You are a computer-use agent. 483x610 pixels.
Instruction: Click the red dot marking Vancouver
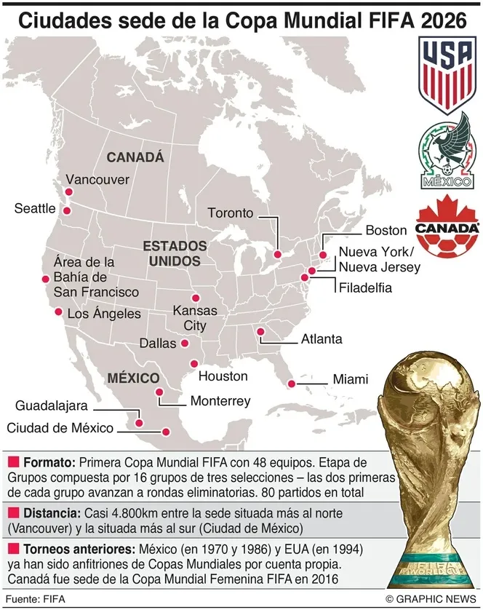[x=67, y=193]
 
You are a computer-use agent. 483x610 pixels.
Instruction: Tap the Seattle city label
[x=35, y=209]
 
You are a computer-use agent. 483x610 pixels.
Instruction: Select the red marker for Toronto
[x=276, y=254]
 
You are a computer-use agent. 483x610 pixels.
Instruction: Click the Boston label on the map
[x=386, y=230]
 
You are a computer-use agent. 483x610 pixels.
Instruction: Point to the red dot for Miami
[x=292, y=384]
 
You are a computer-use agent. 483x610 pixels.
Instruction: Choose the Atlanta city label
[x=322, y=339]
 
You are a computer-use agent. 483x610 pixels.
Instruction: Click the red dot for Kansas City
[x=194, y=297]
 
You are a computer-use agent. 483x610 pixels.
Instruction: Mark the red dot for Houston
[x=193, y=364]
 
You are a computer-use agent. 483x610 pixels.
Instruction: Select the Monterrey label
[x=220, y=401]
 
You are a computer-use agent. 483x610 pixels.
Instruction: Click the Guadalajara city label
[x=52, y=405]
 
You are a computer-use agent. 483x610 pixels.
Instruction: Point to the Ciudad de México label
[x=60, y=428]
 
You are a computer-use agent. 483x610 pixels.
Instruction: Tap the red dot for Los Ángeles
[x=58, y=312]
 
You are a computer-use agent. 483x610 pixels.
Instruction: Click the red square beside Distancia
[x=12, y=512]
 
